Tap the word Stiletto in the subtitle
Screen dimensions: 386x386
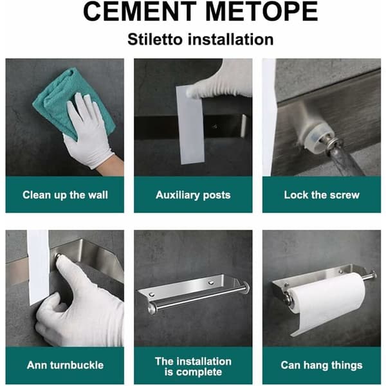155,39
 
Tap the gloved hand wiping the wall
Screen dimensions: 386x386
91,133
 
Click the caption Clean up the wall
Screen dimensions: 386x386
65,195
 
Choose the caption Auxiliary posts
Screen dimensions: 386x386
193,195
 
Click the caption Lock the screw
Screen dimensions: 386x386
322,195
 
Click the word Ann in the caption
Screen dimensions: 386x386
35,365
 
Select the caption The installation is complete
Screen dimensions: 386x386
193,367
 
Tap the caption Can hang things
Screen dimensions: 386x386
322,365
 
